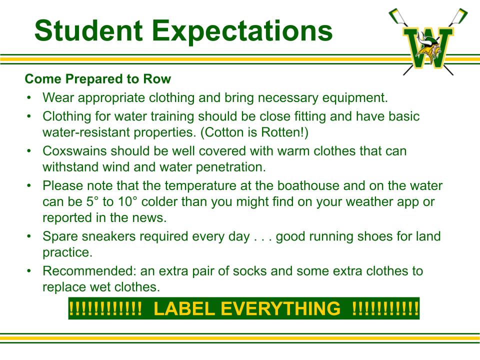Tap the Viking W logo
coord(428,41)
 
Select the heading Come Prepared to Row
coord(97,79)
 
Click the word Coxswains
coord(74,151)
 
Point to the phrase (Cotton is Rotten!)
coord(254,132)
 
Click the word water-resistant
coord(86,132)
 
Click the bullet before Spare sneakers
coord(29,236)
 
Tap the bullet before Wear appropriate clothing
coord(29,98)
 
